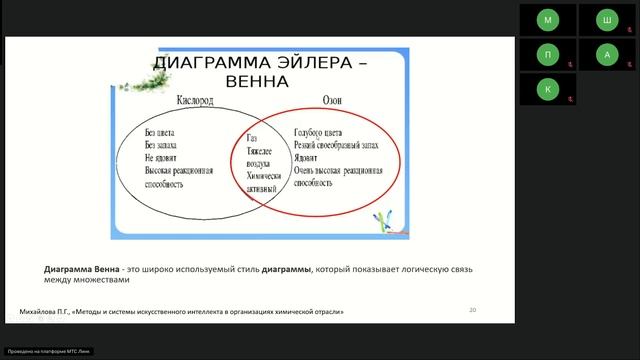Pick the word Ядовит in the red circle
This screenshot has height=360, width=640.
(x=309, y=158)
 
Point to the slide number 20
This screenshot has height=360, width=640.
(x=472, y=311)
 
